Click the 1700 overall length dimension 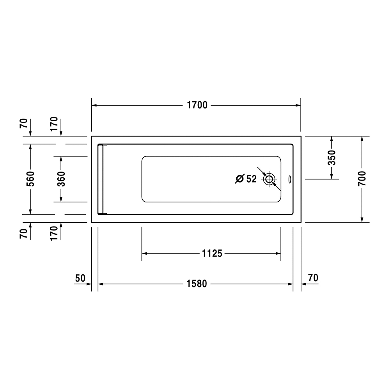coord(197,105)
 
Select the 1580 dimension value coord(197,284)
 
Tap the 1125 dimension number coord(212,253)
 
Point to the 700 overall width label coord(362,179)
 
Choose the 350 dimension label coord(331,158)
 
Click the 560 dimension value coord(30,179)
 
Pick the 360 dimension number coord(61,179)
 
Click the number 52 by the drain coord(252,179)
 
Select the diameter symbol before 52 coord(240,179)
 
